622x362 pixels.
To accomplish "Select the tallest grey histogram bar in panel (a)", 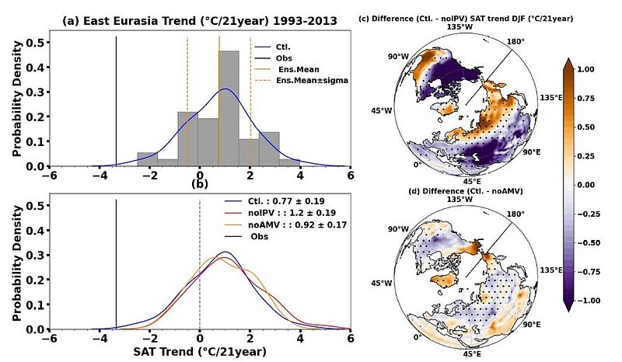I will tap(229, 109).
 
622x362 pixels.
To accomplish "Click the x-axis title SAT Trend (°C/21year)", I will tap(200, 352).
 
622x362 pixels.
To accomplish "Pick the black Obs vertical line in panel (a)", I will tap(116, 101).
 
